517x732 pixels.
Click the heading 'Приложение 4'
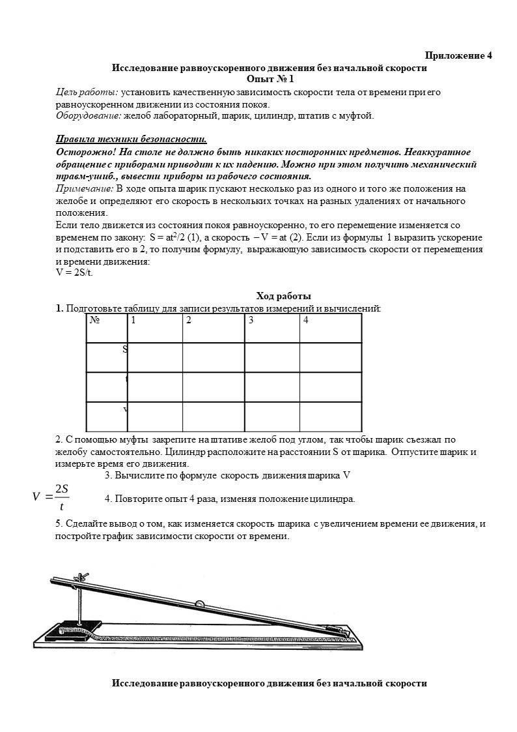pos(458,55)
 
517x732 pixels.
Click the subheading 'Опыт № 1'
pos(270,79)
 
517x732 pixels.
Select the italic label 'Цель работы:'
pos(87,92)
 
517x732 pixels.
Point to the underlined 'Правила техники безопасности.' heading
pos(132,139)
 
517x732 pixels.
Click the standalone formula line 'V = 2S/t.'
pos(74,272)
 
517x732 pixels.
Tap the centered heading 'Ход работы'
pos(283,296)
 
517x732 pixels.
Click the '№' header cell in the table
pos(95,320)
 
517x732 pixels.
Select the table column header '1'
pos(133,320)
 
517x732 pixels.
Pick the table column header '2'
pos(188,320)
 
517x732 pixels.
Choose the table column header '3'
pos(251,320)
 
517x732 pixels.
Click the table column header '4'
pos(305,320)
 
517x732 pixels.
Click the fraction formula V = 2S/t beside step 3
pos(51,497)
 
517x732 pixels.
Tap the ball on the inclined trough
pos(200,604)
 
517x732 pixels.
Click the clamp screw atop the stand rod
pos(81,577)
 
